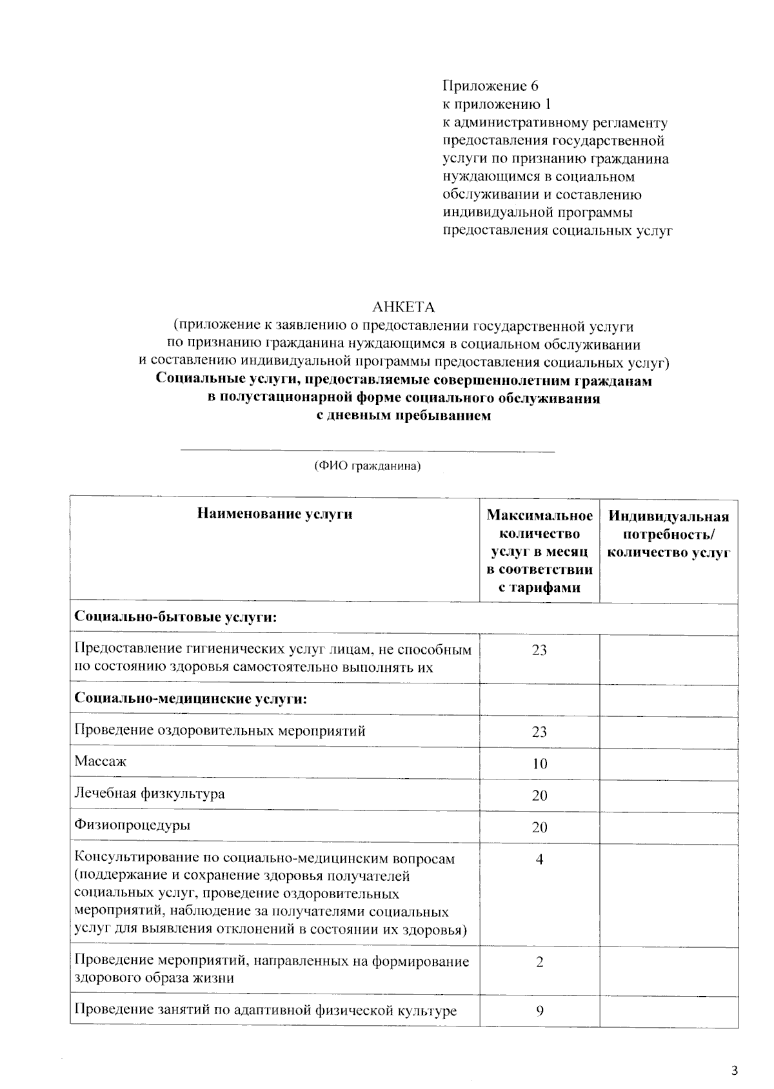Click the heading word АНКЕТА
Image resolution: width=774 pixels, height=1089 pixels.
[404, 307]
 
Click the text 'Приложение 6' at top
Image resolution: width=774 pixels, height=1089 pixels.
[490, 86]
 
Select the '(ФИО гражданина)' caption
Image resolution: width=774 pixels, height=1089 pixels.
[367, 466]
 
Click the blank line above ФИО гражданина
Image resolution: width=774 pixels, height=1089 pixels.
[367, 451]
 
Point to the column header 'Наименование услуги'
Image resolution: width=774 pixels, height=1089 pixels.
[275, 514]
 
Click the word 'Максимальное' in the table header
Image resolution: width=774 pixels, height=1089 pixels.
[539, 515]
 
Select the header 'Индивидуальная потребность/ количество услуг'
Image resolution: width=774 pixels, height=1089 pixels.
[669, 534]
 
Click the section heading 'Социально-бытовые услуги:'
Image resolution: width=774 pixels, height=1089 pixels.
[175, 617]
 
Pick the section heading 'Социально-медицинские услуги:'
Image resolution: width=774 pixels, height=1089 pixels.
[190, 699]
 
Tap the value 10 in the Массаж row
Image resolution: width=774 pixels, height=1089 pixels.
[539, 764]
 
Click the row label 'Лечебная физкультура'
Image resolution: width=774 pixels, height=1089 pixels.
[150, 793]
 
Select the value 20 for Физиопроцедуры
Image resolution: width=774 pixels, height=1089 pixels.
[539, 827]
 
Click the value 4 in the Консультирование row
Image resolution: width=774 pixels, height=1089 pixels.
[539, 859]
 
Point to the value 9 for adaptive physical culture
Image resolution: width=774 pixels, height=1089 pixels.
[539, 1011]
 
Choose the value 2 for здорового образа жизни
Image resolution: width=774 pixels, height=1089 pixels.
[539, 962]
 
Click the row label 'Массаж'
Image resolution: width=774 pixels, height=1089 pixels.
[101, 761]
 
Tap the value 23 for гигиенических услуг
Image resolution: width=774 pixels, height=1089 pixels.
[539, 650]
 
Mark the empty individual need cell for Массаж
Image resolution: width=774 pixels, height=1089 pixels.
[669, 764]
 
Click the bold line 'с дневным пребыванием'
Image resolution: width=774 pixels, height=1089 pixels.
[404, 416]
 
